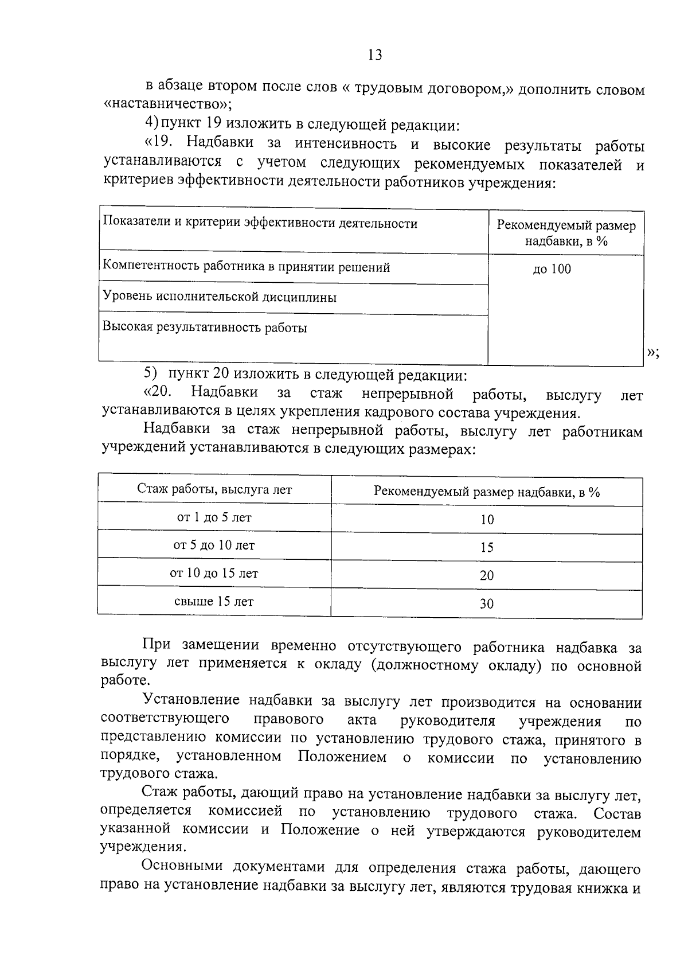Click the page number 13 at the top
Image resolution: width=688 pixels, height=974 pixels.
tap(374, 55)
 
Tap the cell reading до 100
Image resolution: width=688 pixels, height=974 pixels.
tap(552, 269)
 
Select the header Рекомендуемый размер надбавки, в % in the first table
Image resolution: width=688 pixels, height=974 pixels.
tap(565, 233)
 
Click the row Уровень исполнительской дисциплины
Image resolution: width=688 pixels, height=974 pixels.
tap(220, 297)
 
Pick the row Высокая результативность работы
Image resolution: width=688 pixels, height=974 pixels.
tap(205, 328)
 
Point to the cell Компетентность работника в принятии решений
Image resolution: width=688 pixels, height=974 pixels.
tap(247, 267)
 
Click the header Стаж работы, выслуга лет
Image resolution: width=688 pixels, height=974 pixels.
tap(214, 489)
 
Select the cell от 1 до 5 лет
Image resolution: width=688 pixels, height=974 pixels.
tap(214, 517)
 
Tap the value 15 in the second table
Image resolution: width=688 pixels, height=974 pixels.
tap(486, 547)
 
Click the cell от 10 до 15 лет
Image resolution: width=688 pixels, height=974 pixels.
tap(214, 573)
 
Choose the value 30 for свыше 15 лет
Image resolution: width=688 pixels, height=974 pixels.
tap(486, 603)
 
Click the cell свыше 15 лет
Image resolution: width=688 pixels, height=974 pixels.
tap(214, 602)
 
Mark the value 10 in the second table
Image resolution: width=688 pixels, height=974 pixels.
tap(486, 520)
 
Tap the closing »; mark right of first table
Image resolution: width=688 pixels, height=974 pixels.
tap(653, 353)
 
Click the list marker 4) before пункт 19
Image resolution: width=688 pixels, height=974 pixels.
tap(151, 123)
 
